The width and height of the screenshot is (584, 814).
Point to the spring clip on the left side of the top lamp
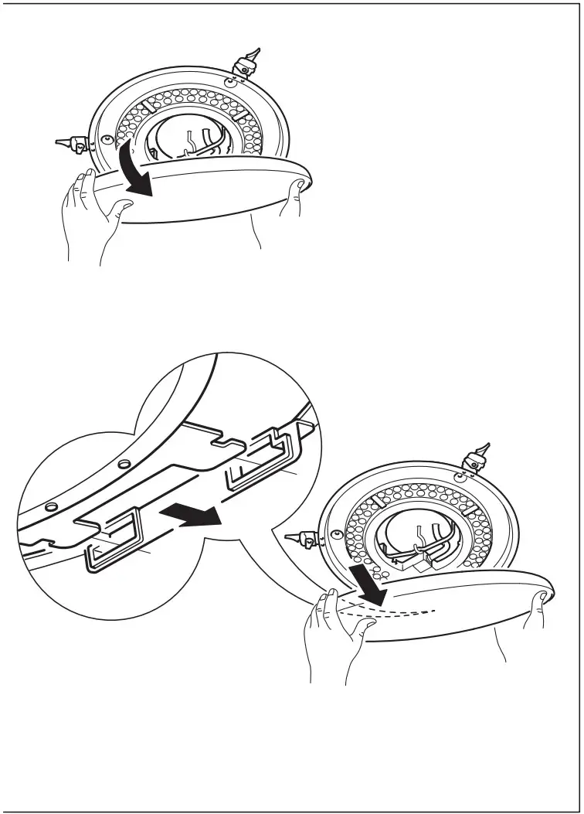(x=76, y=142)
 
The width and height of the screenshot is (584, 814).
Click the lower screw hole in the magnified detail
(x=50, y=506)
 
